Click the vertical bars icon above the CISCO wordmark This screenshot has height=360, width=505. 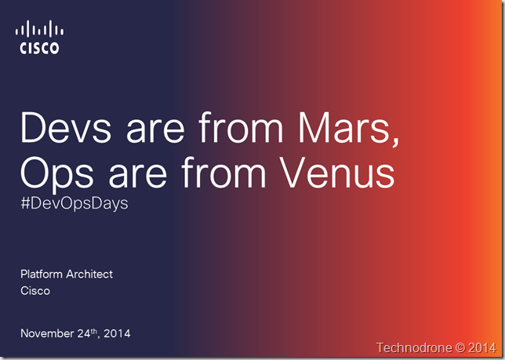click(x=39, y=29)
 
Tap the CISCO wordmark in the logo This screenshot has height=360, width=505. click(x=39, y=48)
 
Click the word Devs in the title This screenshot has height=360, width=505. click(x=66, y=127)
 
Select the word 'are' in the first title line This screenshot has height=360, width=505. click(x=155, y=131)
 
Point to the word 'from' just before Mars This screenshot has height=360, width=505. click(x=241, y=127)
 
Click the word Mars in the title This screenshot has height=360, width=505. click(x=348, y=129)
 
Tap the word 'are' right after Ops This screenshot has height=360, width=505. click(x=138, y=176)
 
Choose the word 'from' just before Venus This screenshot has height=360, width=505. click(x=223, y=173)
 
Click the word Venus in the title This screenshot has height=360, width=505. click(x=337, y=173)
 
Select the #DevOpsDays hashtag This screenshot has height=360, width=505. click(x=74, y=203)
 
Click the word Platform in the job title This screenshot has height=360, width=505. click(x=42, y=274)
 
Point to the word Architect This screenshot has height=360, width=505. click(x=89, y=274)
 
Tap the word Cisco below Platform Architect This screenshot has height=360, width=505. click(x=35, y=291)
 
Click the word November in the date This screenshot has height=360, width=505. click(x=47, y=333)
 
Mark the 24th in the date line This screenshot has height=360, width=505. click(x=87, y=333)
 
